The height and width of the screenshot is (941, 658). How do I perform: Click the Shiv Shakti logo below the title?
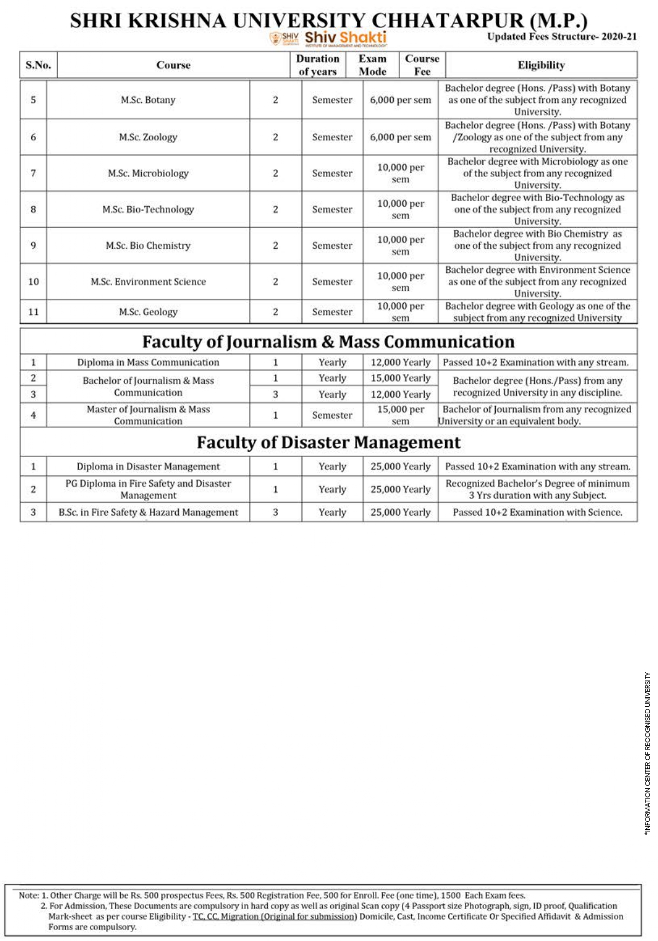(328, 38)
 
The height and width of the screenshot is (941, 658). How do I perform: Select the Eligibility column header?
(541, 65)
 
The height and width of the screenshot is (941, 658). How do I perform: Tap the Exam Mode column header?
(372, 65)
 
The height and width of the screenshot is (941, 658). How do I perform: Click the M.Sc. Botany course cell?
(148, 100)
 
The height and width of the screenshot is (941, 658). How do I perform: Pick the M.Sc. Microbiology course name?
(148, 174)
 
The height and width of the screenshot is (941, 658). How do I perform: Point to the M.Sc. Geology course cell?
(148, 312)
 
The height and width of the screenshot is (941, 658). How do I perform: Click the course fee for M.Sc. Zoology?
(400, 138)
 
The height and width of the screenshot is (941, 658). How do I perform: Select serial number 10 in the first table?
(33, 282)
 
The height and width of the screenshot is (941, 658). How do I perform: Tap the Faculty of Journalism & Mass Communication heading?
(328, 342)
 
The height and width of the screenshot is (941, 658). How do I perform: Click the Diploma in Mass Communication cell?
(148, 363)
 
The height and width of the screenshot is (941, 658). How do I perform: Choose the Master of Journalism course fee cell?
(400, 415)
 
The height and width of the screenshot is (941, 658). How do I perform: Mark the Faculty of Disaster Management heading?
(328, 442)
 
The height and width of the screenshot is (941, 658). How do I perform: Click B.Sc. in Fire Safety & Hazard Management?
(148, 513)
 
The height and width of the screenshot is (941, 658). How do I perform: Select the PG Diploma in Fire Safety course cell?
(148, 489)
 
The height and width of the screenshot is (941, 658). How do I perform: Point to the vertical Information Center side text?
(648, 753)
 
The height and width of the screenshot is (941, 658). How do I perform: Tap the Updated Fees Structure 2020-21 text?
(562, 37)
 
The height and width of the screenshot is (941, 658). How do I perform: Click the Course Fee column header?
(422, 65)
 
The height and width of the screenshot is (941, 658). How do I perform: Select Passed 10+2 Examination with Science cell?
(537, 513)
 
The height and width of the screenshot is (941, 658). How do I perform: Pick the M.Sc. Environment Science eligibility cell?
(537, 282)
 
